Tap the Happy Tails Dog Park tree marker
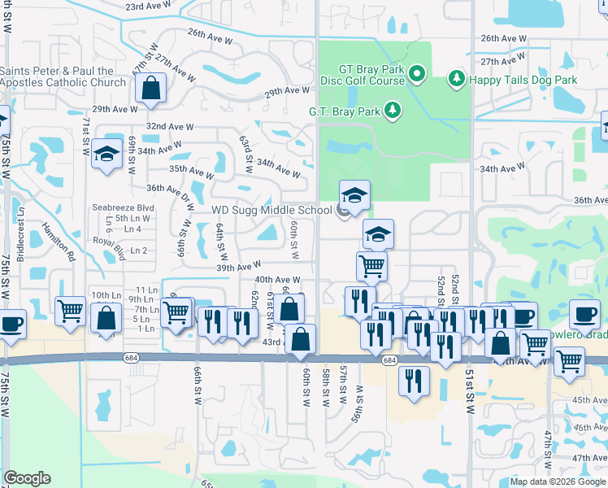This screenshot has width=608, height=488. pyautogui.click(x=457, y=80)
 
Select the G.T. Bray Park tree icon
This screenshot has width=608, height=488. pyautogui.click(x=393, y=109)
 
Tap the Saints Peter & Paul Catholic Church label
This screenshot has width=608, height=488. pyautogui.click(x=63, y=76)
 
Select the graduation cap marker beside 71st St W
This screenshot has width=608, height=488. pyautogui.click(x=106, y=155)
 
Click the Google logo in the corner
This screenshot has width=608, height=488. pyautogui.click(x=28, y=478)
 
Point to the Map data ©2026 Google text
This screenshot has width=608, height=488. pyautogui.click(x=558, y=481)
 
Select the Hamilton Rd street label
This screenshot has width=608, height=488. pyautogui.click(x=59, y=242)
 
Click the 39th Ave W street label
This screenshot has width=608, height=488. pyautogui.click(x=238, y=267)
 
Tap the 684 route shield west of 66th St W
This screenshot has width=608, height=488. pyautogui.click(x=130, y=357)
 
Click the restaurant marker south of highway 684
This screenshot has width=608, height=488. pyautogui.click(x=414, y=380)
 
